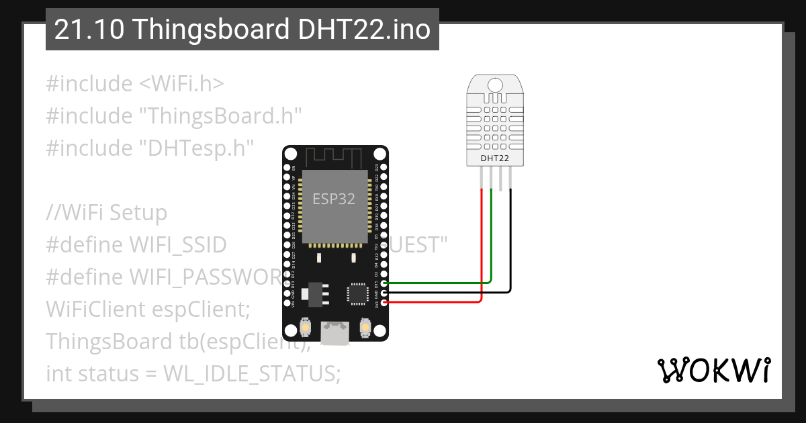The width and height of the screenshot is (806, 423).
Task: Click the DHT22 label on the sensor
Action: pos(494,158)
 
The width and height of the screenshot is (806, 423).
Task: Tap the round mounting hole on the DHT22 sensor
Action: pos(495,85)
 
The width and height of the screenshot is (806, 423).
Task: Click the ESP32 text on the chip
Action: pos(334,199)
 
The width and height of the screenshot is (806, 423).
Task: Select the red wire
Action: pos(482,255)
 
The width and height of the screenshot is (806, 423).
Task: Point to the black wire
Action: pos(511,248)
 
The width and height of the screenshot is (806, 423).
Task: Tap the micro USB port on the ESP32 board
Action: pos(335,332)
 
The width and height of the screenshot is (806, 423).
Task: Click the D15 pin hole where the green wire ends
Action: pos(384,283)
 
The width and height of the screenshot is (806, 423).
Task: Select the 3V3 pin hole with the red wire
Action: pos(384,303)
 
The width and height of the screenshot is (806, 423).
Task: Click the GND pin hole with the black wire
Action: pos(384,293)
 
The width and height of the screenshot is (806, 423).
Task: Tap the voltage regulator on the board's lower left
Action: pos(312,293)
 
